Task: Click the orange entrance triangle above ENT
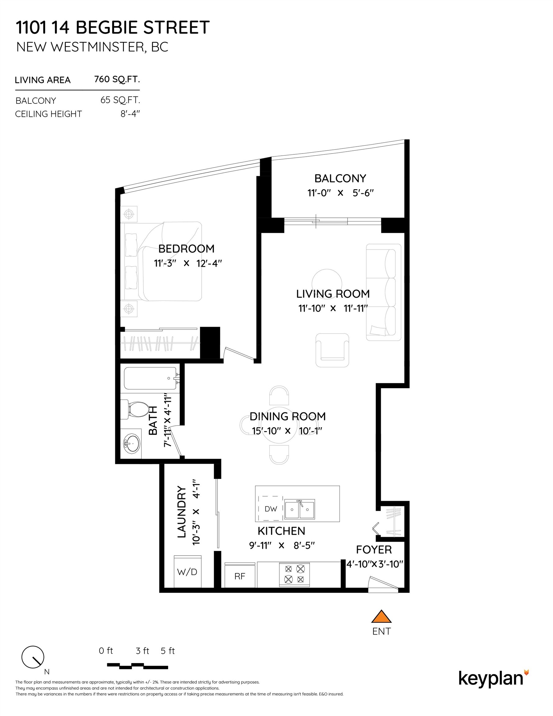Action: tap(381, 617)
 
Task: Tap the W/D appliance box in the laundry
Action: tap(187, 572)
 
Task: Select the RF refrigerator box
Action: tap(240, 576)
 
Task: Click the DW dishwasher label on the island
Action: tap(271, 509)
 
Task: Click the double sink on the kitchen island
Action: tap(299, 509)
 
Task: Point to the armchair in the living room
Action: tap(332, 350)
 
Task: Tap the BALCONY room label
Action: tap(340, 178)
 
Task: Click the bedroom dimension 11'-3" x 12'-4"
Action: tap(188, 263)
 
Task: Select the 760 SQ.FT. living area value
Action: tap(117, 79)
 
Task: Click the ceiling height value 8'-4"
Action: tap(130, 114)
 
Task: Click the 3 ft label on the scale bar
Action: tap(142, 651)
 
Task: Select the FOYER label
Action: tap(374, 549)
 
